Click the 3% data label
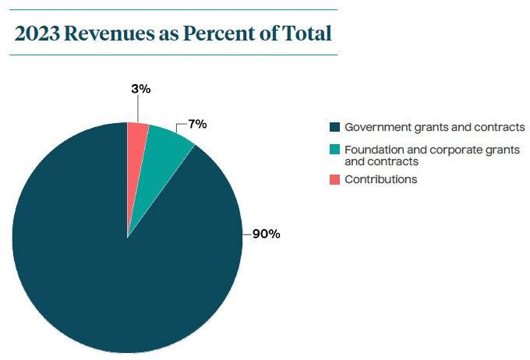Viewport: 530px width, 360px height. tap(140, 89)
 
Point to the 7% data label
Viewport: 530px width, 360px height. tap(197, 124)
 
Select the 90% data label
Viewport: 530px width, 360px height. tap(266, 234)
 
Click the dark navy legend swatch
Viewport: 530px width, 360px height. tap(335, 127)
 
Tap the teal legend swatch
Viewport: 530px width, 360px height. tap(335, 149)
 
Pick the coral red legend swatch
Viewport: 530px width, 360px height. tap(335, 179)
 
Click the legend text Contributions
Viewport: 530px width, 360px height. tap(380, 179)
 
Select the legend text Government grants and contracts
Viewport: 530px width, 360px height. tap(434, 127)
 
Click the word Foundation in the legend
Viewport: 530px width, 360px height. tap(372, 149)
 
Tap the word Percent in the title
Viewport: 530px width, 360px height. tap(215, 34)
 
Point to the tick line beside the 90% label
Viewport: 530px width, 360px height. tap(246, 234)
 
